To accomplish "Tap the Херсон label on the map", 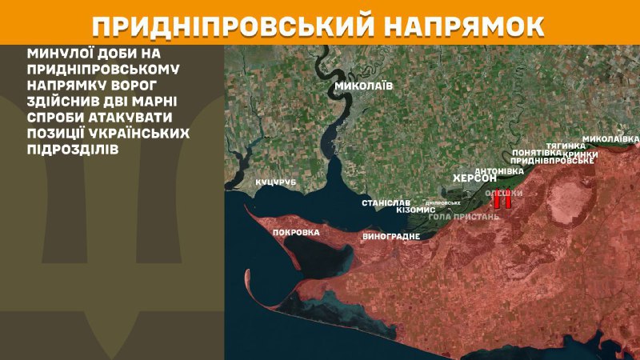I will [x=475, y=178].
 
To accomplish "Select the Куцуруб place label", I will [x=276, y=183].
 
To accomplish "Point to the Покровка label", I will [x=296, y=233].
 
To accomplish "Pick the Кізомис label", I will [x=416, y=210].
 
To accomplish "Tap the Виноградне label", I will [x=391, y=237].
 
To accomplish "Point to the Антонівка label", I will [x=499, y=171].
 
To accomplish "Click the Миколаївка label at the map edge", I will [x=610, y=139].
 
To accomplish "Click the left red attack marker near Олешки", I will [x=497, y=202].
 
